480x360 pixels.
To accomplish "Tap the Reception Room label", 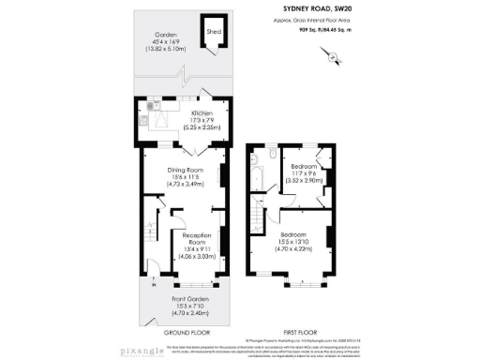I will tap(198, 235).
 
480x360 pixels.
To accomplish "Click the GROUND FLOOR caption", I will tap(187, 332).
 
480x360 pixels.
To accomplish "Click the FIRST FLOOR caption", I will tap(300, 332).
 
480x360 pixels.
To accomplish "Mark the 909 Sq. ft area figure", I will tap(315, 31).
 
